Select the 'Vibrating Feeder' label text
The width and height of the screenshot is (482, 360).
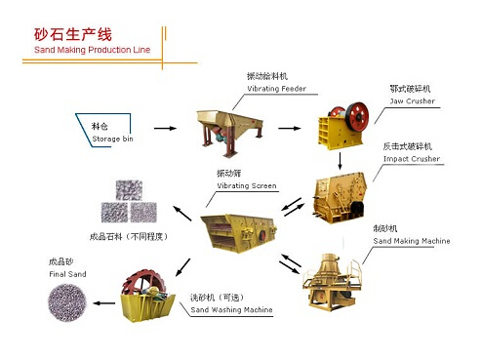pyautogui.click(x=276, y=89)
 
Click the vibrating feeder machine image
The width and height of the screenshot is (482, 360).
pyautogui.click(x=230, y=128)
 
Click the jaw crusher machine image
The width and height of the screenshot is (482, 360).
pyautogui.click(x=341, y=126)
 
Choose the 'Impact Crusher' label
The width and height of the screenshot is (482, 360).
pyautogui.click(x=411, y=158)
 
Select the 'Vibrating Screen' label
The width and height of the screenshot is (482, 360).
pyautogui.click(x=246, y=185)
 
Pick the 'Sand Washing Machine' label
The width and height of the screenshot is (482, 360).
pyautogui.click(x=231, y=310)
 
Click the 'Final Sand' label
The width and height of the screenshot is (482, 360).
pyautogui.click(x=67, y=274)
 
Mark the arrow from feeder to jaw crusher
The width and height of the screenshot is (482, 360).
pyautogui.click(x=288, y=127)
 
